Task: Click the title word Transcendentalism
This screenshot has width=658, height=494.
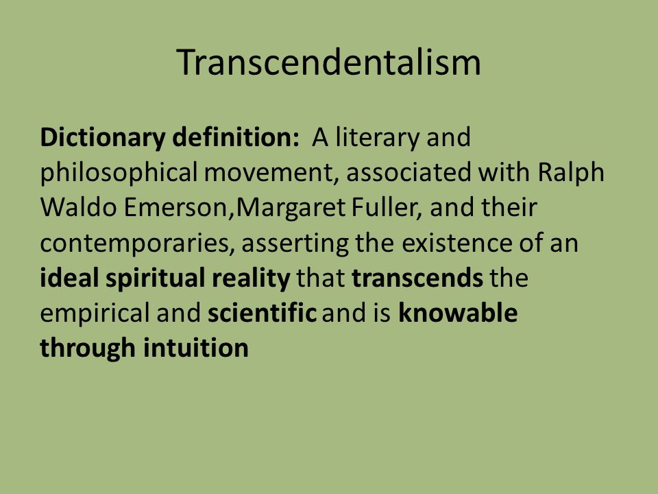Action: pos(328,62)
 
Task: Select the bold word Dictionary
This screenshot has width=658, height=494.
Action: pos(102,138)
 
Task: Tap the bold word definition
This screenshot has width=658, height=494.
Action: pos(235,137)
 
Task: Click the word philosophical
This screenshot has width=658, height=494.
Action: pos(119,174)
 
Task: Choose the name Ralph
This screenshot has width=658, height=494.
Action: pos(571,174)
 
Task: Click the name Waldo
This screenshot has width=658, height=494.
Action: pos(78,207)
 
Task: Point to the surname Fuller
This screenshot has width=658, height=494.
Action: pos(387,209)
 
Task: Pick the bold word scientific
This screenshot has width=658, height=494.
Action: pos(262,314)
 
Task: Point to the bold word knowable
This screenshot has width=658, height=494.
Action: pos(458,314)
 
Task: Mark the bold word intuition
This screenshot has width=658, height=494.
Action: pos(196,349)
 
